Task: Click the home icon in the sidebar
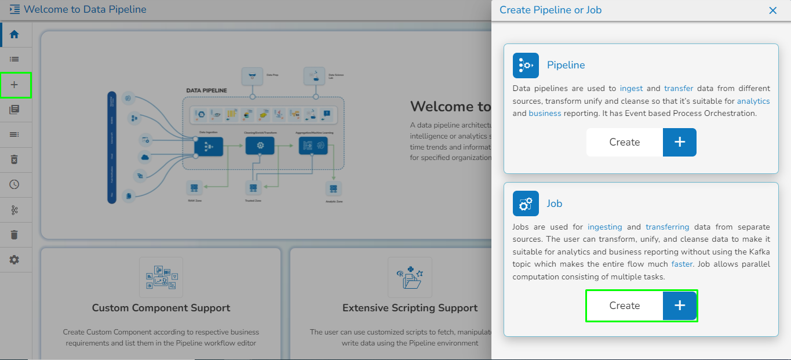14,34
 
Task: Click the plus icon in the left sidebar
14,85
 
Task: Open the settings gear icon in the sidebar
14,260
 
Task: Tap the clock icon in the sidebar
14,184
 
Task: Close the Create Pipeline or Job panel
772,10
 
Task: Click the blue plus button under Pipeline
680,142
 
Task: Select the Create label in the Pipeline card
625,142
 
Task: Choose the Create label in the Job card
625,306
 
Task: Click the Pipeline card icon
526,66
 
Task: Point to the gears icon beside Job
526,203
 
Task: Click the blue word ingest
631,89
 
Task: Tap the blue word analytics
753,101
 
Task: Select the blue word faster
682,264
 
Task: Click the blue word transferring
668,227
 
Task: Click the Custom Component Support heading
161,308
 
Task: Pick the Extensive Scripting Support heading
410,308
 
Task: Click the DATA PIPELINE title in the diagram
206,90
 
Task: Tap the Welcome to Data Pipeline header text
85,10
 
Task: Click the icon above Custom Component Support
161,277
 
